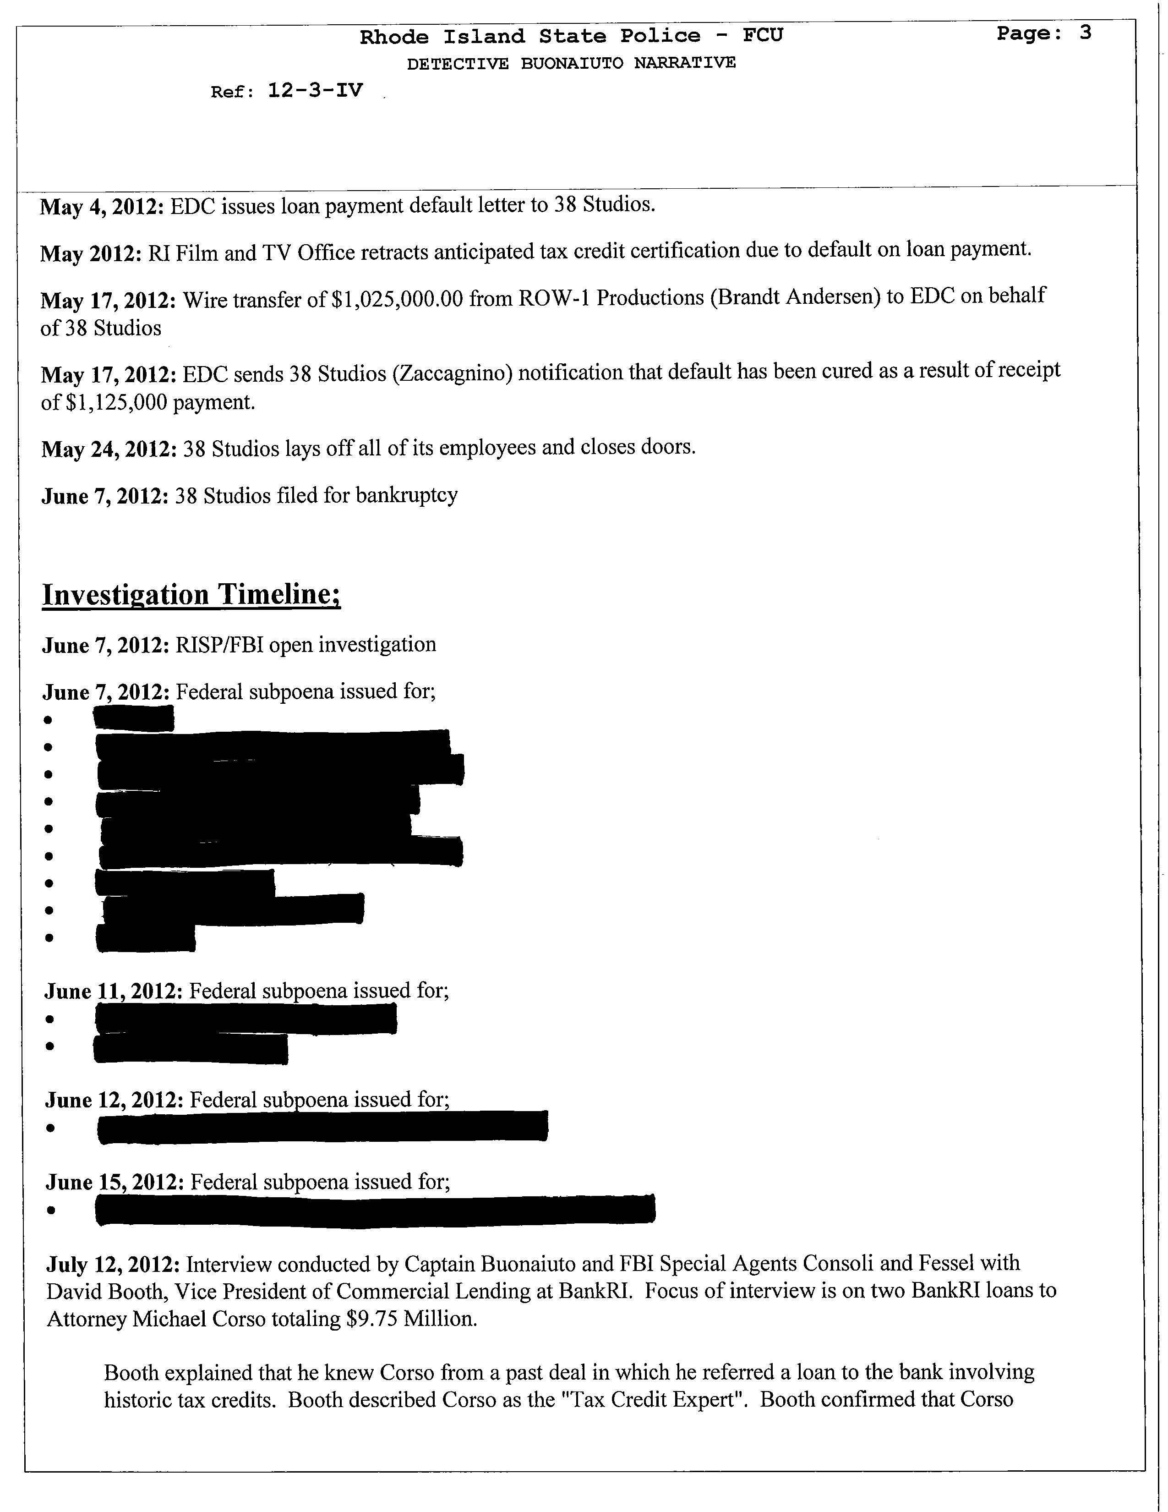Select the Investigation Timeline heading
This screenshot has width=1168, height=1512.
pyautogui.click(x=191, y=595)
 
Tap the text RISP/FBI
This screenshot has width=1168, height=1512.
pyautogui.click(x=218, y=645)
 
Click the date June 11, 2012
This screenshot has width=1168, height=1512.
pyautogui.click(x=114, y=992)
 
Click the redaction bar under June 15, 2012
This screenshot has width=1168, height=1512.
pyautogui.click(x=375, y=1210)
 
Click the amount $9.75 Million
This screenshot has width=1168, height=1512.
pyautogui.click(x=411, y=1319)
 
